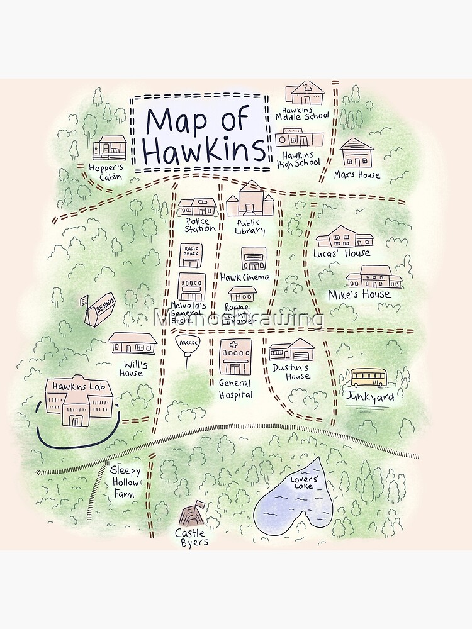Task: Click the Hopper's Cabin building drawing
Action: pos(109,148)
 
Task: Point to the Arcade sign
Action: pos(186,343)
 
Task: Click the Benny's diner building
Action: pos(99,311)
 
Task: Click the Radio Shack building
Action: pos(191,255)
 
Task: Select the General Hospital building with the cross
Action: pos(235,357)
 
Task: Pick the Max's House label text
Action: pos(357,175)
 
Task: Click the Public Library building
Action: pos(250,201)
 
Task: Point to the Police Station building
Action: pos(198,207)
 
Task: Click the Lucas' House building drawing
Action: pos(344,237)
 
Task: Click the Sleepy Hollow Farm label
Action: pos(123,482)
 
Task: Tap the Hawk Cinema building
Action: pos(254,259)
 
